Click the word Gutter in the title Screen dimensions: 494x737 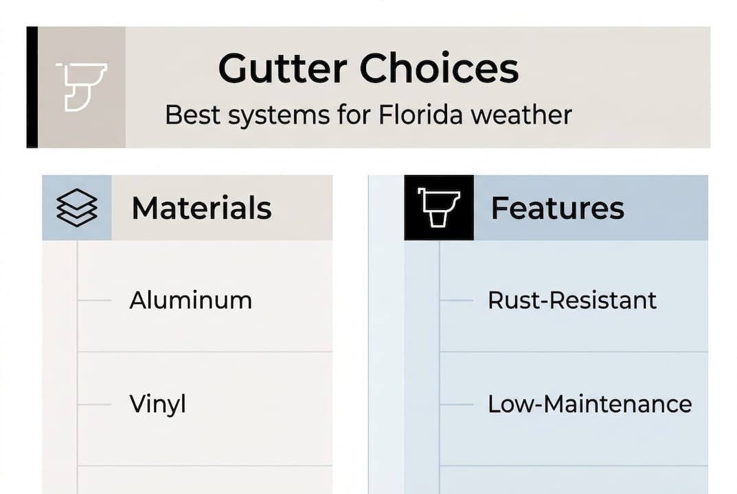[x=282, y=69]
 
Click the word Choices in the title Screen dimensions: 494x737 [x=440, y=69]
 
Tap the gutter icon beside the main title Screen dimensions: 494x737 [x=82, y=87]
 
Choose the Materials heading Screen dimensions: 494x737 [x=201, y=208]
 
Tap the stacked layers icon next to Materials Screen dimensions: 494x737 [x=76, y=207]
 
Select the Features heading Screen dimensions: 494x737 [x=557, y=208]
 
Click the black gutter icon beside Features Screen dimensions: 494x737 [x=439, y=207]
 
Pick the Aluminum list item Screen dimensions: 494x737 [x=190, y=301]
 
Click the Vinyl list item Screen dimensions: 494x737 [x=157, y=404]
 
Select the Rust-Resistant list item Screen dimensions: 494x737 [x=572, y=301]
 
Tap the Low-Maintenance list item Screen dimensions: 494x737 [x=589, y=404]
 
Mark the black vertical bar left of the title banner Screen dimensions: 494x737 [x=32, y=87]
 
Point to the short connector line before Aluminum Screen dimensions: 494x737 [x=94, y=301]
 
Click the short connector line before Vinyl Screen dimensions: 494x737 [x=94, y=404]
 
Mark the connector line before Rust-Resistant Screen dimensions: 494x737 [x=456, y=301]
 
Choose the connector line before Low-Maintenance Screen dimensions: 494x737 [x=456, y=404]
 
